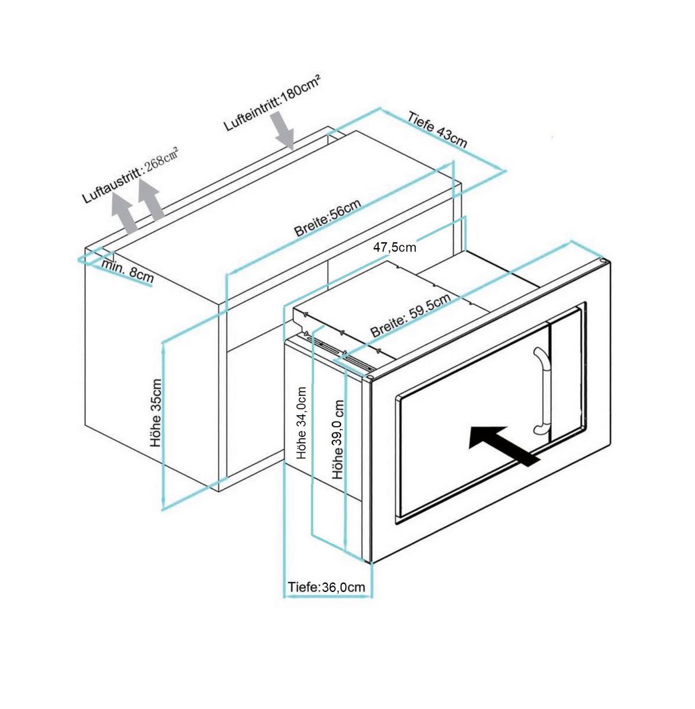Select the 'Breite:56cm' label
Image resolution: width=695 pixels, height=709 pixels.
(327, 218)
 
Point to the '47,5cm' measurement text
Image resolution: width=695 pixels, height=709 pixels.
(394, 248)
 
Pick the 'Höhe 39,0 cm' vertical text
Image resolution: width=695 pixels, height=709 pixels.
(338, 439)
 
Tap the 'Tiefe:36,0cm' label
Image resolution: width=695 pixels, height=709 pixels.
(327, 587)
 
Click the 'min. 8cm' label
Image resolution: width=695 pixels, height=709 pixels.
(128, 270)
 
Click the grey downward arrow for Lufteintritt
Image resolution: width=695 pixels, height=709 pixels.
(285, 130)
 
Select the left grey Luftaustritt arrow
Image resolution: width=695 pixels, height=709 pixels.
(123, 212)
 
